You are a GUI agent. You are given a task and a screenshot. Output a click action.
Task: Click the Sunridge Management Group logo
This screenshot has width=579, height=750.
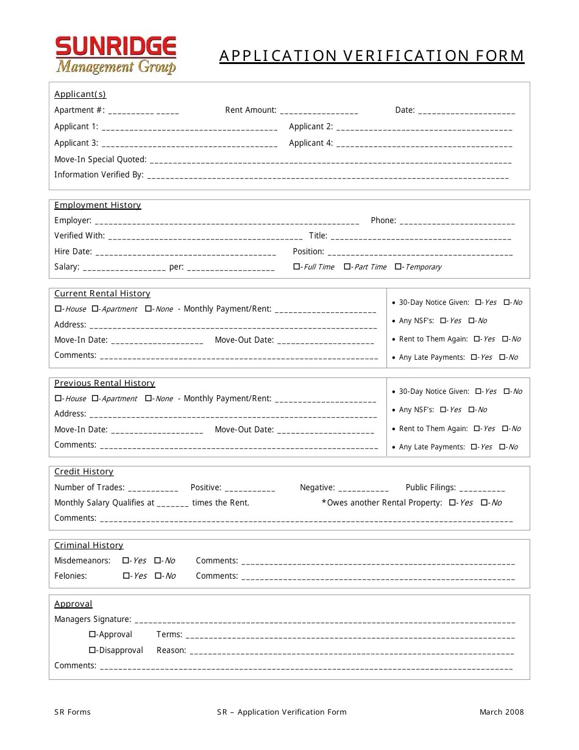(116, 55)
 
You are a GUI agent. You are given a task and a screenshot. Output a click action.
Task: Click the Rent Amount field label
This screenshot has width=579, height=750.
(250, 110)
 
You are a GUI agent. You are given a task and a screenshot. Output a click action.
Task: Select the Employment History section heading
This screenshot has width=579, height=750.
(98, 205)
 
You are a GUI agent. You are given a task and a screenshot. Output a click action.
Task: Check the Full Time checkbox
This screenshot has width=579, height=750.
(297, 266)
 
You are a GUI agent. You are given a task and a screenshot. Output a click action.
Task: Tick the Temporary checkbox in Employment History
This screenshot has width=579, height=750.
(398, 266)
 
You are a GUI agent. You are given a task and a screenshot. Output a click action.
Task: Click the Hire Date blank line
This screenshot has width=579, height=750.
(186, 252)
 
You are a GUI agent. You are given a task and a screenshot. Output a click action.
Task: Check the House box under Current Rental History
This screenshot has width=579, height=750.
(58, 309)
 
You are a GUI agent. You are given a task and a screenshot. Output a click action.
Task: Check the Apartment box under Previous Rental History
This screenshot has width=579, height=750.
(94, 398)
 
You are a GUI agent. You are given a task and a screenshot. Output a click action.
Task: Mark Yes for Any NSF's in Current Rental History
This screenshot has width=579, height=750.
(443, 320)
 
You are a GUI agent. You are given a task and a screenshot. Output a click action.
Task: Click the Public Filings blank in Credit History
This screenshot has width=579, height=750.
(482, 488)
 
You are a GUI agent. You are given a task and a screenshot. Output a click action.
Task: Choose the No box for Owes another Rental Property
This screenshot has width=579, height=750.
(484, 502)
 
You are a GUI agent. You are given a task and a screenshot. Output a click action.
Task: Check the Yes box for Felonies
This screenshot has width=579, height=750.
(126, 576)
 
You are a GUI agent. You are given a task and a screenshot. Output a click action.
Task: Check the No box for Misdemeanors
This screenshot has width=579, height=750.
(158, 560)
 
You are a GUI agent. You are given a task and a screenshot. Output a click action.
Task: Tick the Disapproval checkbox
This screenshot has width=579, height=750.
(93, 650)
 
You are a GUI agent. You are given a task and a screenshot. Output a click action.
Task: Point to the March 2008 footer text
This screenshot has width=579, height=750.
(501, 712)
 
